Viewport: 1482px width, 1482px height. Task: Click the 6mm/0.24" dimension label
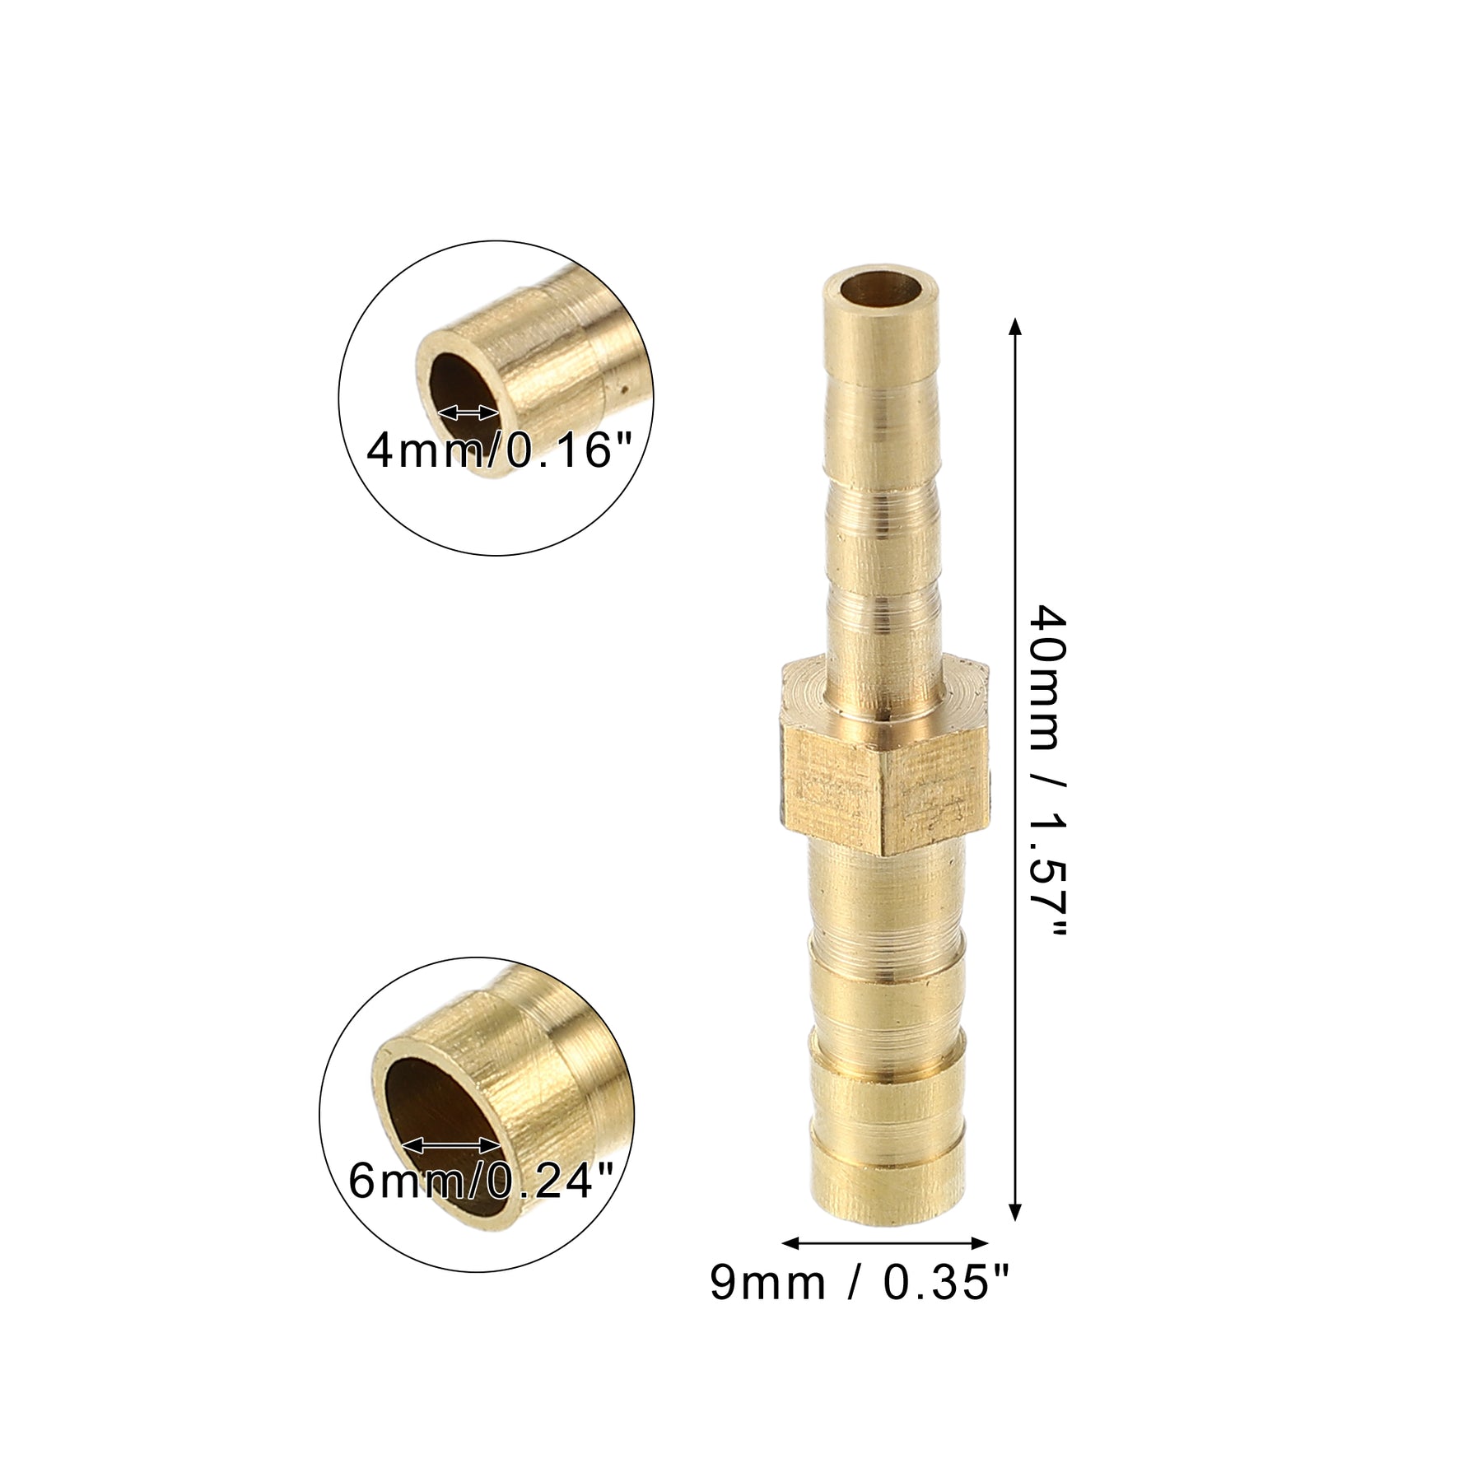(482, 1181)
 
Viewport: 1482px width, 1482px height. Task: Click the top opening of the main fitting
(880, 291)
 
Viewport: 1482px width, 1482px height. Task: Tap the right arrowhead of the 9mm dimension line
(976, 1242)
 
